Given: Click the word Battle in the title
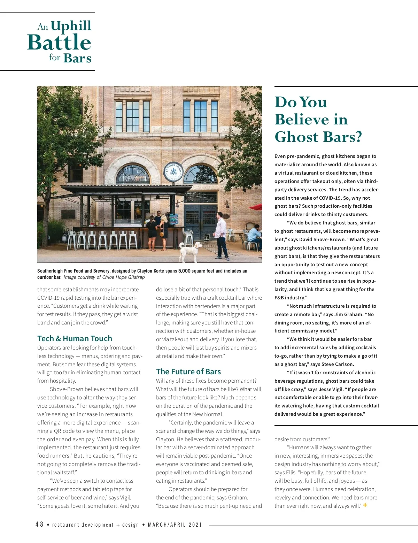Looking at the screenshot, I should point(59,43).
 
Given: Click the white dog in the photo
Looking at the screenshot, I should point(191,251).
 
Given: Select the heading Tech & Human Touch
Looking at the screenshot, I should point(75,338).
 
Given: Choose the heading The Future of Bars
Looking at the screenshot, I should point(188,372).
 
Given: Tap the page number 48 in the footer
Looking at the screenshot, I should point(39,525).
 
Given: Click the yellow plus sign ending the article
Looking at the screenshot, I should point(365,505).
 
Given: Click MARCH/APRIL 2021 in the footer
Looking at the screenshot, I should point(175,525).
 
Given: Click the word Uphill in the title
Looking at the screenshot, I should point(71,25).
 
